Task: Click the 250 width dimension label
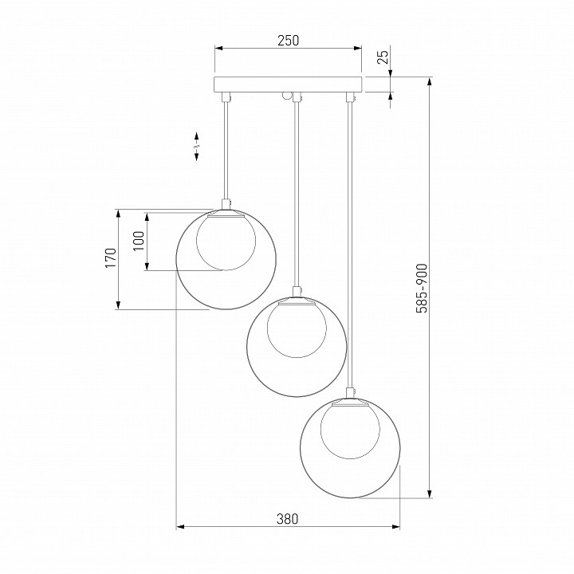288,41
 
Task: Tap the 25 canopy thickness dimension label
383,57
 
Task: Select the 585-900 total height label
422,288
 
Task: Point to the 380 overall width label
287,519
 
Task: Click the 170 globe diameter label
111,258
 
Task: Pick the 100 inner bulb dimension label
139,241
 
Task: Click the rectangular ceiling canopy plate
288,85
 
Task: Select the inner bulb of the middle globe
297,329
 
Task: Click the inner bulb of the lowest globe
350,431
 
